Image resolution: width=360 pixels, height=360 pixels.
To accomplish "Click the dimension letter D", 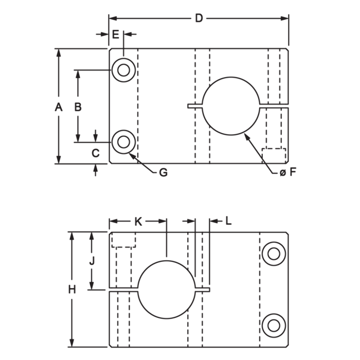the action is point(199,18).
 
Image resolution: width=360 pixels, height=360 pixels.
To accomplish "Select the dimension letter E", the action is point(116,34).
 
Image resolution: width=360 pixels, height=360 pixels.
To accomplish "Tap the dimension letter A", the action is point(59,107).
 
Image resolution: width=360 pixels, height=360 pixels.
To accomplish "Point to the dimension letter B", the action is point(78,107).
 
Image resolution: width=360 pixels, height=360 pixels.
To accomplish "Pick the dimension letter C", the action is point(96,153).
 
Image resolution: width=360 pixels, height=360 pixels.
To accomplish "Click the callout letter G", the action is point(163,172).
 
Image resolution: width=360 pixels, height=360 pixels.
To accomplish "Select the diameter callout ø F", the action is point(288,172).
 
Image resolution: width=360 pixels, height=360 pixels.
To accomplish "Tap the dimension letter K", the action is point(138,222).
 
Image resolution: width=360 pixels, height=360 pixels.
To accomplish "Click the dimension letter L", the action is point(228,221).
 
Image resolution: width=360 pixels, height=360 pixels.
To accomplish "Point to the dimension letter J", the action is point(92,261).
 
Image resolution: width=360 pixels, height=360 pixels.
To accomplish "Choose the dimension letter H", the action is point(72,290).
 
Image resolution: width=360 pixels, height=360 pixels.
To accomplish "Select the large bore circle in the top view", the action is point(231,77).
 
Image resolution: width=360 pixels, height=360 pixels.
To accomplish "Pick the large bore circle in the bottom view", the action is point(167,261).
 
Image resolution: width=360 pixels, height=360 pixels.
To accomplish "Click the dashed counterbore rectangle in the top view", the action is point(274,149).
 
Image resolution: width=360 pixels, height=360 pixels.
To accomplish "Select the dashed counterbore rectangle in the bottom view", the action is point(123,247).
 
